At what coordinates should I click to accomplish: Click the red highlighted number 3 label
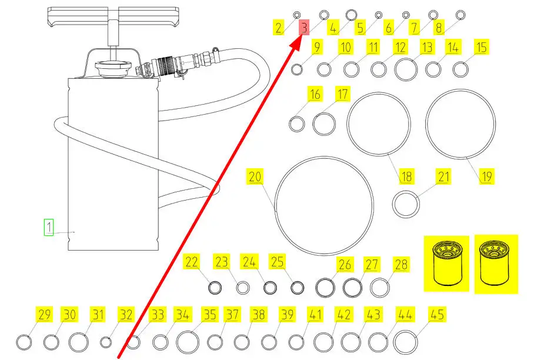tap(303, 27)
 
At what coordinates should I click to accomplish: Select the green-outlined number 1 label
tap(49, 226)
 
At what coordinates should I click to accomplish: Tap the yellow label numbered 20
tap(254, 177)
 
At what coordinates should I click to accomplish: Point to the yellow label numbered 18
tap(406, 175)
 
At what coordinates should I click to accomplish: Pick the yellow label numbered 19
tap(486, 175)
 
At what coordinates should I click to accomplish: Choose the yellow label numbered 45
tap(437, 315)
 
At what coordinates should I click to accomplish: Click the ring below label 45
tap(405, 342)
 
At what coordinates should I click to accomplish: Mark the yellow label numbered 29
tap(44, 315)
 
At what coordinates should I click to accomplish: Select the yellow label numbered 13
tap(427, 48)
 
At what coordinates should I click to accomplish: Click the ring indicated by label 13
tap(406, 69)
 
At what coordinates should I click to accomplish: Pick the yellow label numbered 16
tap(315, 94)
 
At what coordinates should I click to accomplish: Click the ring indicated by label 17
tap(324, 124)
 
